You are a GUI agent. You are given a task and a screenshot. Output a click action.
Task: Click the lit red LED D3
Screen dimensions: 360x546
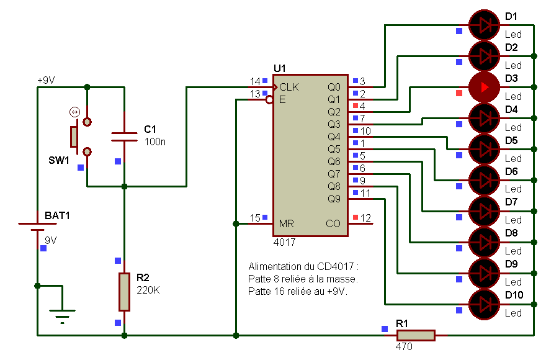tap(485, 87)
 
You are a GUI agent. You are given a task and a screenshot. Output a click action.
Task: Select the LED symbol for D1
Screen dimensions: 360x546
tap(485, 25)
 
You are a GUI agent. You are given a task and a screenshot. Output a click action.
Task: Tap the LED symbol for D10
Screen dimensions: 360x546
tap(485, 304)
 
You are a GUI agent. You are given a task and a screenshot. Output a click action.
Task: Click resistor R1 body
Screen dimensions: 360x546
tap(415, 335)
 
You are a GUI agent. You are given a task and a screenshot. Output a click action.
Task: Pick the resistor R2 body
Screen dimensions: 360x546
tap(124, 292)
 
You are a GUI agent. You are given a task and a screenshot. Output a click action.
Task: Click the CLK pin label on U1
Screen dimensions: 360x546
tap(289, 87)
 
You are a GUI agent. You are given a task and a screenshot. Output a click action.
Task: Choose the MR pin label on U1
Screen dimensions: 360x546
tap(286, 223)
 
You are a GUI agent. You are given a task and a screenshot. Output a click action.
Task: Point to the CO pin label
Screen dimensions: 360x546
tap(333, 223)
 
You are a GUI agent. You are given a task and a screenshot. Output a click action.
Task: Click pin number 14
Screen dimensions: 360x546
tap(255, 81)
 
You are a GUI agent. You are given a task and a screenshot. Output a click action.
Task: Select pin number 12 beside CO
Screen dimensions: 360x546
tap(365, 218)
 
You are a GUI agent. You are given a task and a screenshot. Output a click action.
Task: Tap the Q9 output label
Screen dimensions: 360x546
tap(334, 199)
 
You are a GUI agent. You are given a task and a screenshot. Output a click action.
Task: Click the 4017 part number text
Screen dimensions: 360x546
tap(285, 241)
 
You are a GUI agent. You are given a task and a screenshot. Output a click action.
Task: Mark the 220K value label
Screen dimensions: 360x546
tap(148, 289)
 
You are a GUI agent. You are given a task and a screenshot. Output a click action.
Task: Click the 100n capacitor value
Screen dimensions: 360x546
tap(154, 142)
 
